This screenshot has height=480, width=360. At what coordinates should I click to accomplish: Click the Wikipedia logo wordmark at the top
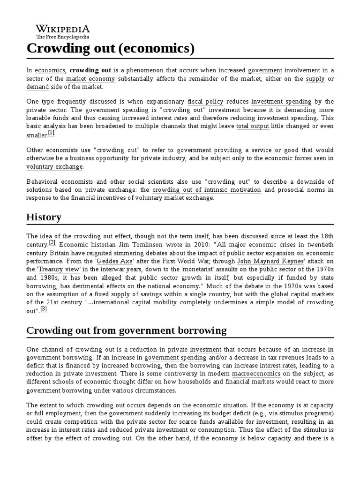point(63,29)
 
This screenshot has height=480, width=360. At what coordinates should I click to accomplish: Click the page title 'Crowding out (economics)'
point(110,48)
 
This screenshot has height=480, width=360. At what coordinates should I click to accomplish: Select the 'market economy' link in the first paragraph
point(90,79)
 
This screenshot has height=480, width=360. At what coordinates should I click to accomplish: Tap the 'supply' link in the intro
point(315,79)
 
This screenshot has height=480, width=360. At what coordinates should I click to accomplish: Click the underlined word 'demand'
point(37,87)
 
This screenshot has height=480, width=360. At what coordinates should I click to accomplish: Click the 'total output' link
point(252,126)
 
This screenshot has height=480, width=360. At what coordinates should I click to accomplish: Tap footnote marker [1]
point(51,133)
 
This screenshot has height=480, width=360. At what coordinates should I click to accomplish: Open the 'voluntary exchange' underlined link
point(55,166)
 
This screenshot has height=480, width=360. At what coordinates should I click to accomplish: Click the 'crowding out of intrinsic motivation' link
point(207,190)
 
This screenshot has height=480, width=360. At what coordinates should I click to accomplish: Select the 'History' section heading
point(44,217)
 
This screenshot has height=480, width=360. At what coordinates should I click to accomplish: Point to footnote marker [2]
point(52,242)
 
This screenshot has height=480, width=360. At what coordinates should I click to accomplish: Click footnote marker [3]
point(44,309)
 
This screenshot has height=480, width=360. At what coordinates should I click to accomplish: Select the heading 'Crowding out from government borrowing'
point(126,330)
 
